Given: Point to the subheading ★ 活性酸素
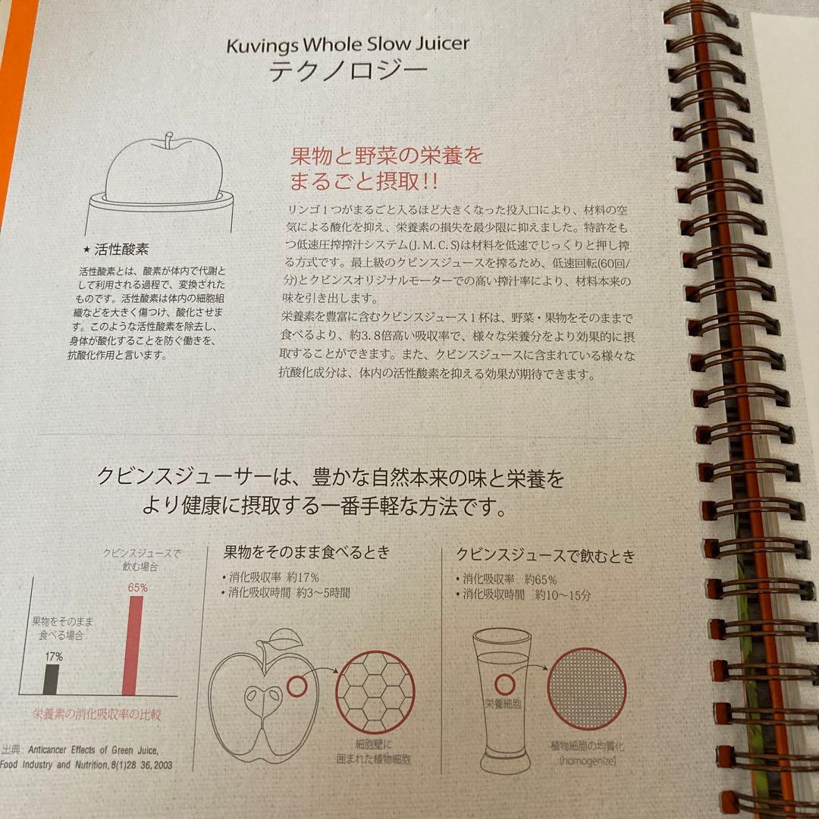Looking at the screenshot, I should click(x=121, y=249).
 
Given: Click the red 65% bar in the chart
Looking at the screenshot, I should click(x=131, y=645).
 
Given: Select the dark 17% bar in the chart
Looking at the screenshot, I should click(x=51, y=679).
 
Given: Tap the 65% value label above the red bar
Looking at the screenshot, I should click(x=137, y=587).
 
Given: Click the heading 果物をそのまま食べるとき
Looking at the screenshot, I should click(x=306, y=551).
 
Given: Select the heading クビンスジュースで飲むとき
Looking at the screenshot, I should click(x=544, y=555).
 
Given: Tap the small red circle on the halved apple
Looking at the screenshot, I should click(x=297, y=689).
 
